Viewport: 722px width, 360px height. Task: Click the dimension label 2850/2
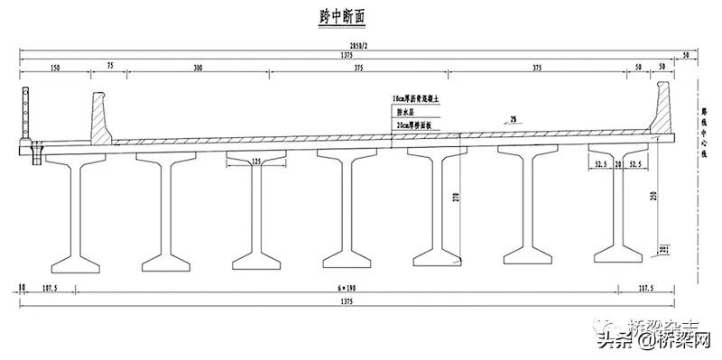[359, 46]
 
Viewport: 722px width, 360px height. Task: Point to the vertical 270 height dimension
[457, 202]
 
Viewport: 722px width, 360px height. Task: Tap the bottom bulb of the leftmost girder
[76, 263]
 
